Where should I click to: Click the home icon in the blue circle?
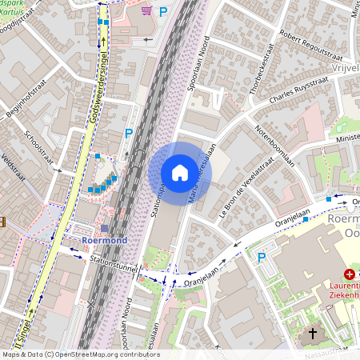(180, 173)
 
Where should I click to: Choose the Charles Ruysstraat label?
(301, 96)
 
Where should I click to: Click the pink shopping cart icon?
(145, 10)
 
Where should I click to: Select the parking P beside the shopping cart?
(163, 12)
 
